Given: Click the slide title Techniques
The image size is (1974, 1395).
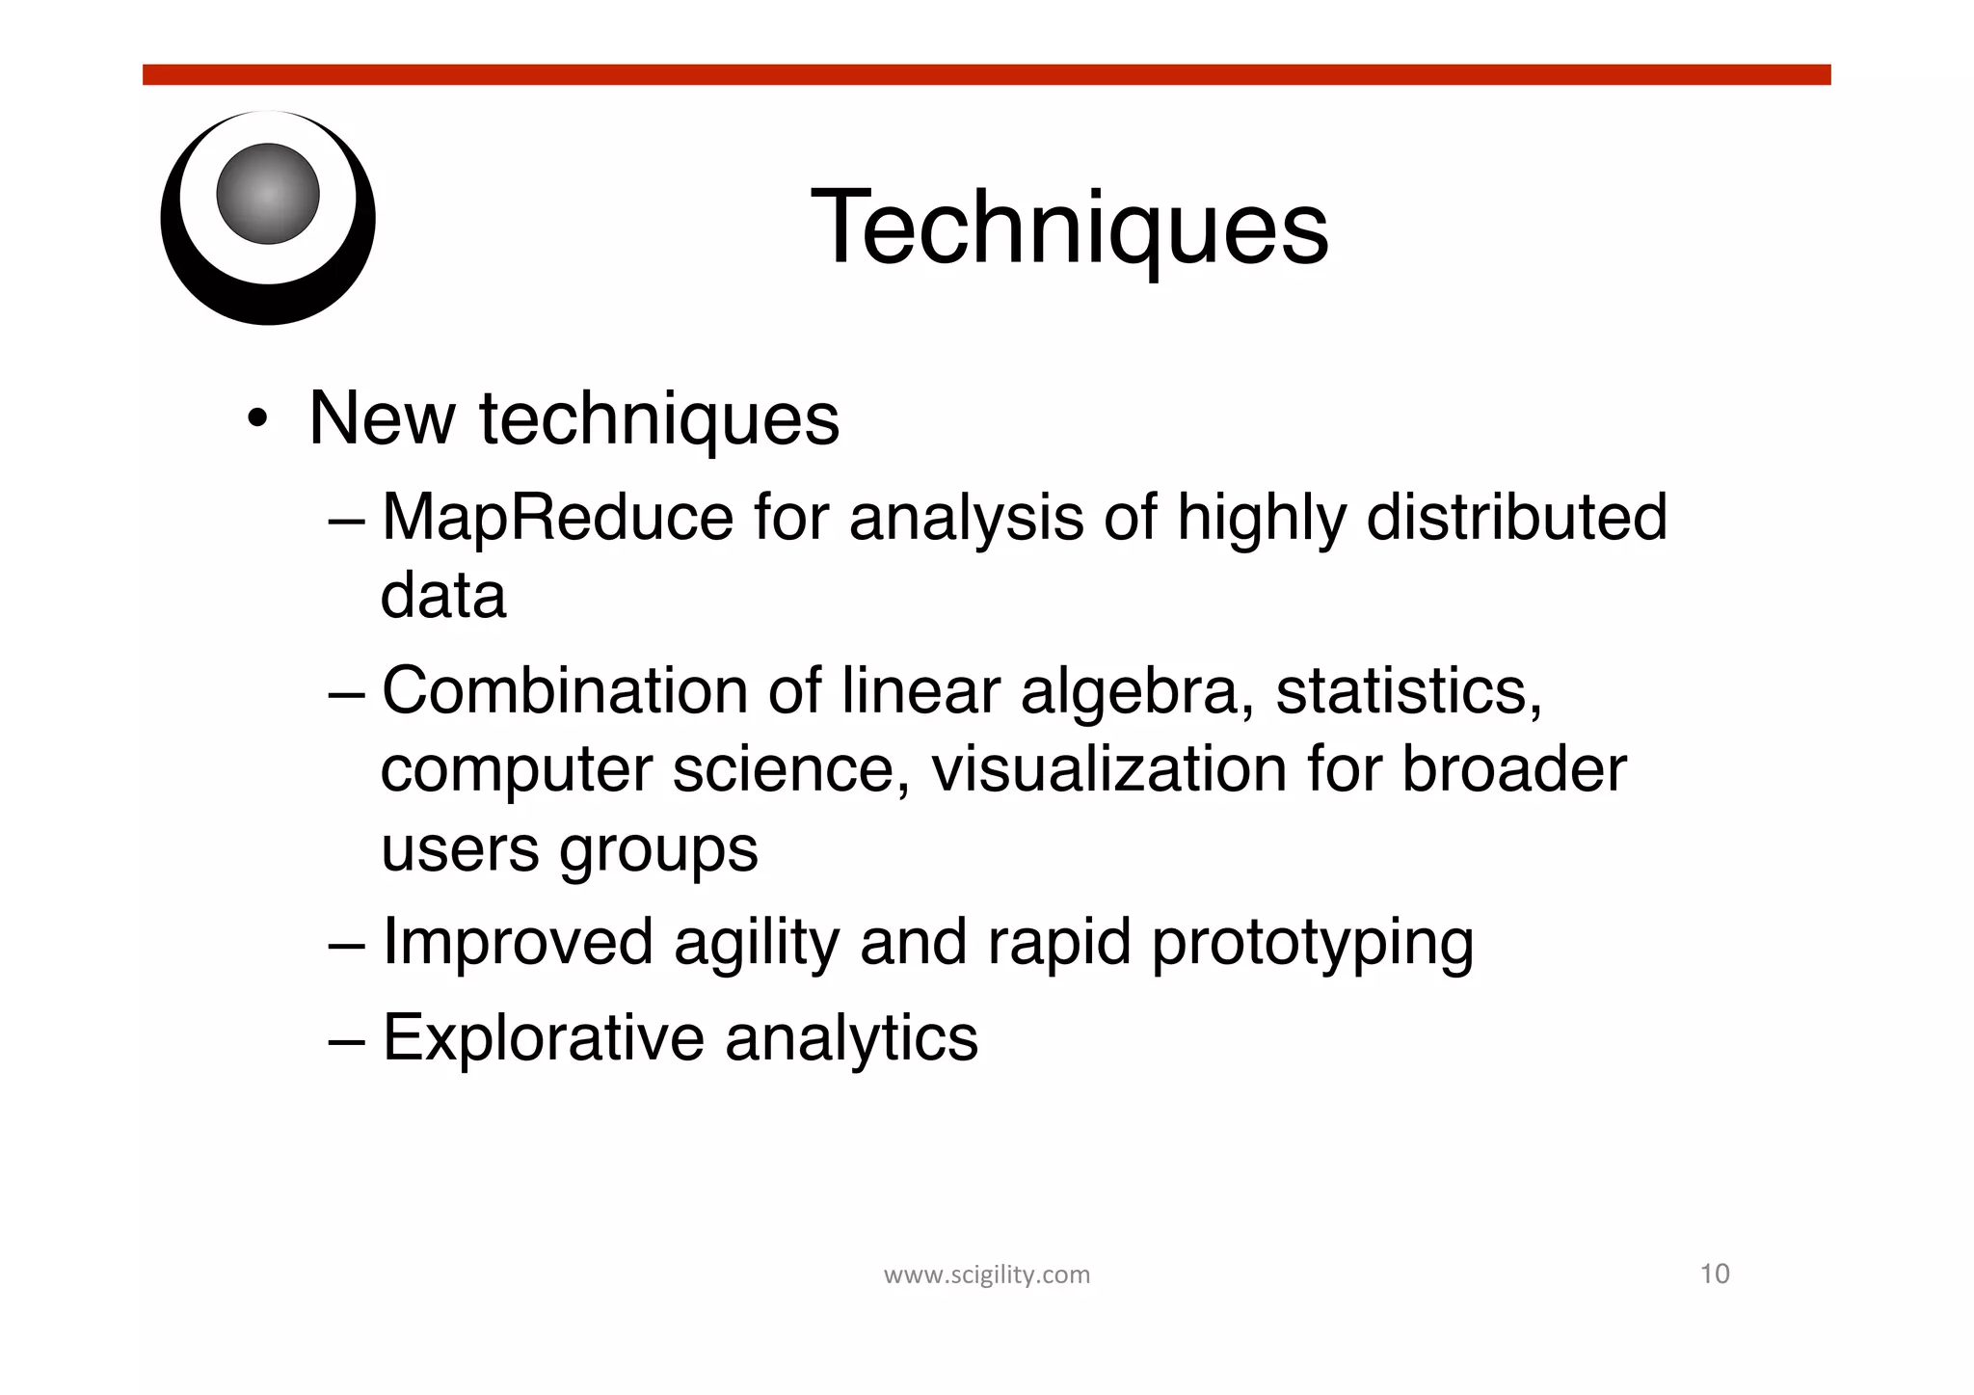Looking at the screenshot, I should click(x=1069, y=228).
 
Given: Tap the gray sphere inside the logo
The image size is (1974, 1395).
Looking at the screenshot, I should click(x=268, y=194).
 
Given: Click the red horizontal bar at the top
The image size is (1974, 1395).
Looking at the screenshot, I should click(x=986, y=75).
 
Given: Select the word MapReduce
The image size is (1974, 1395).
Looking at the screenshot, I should click(x=558, y=518).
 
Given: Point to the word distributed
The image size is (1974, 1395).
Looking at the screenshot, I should click(x=1517, y=518).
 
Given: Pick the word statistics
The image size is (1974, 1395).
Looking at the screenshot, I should click(x=1408, y=692).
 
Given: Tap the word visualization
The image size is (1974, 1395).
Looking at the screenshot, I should click(x=1108, y=770).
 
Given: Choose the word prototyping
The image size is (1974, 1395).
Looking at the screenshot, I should click(x=1312, y=943).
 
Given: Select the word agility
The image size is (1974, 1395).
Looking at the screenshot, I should click(x=757, y=943).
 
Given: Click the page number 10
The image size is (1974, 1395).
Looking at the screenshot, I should click(x=1715, y=1274).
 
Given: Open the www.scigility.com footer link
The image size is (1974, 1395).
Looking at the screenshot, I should click(x=986, y=1275).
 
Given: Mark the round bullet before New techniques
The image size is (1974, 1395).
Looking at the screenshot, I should click(x=256, y=420).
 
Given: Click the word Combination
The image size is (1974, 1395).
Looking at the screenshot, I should click(x=565, y=692).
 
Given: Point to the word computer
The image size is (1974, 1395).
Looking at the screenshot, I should click(x=517, y=771).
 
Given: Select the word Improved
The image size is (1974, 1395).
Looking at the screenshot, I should click(x=519, y=943).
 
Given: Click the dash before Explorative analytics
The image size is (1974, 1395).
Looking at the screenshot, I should click(x=345, y=1040).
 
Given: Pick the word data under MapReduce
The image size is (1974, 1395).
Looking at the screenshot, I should click(x=443, y=596).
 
